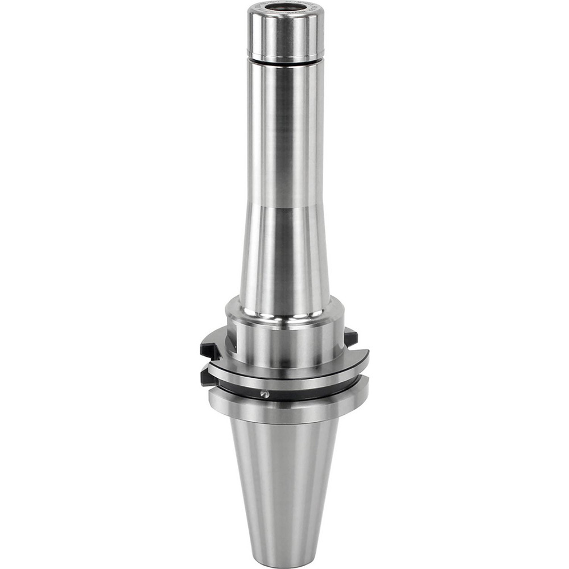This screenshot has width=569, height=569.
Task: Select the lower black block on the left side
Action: click(208, 376)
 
